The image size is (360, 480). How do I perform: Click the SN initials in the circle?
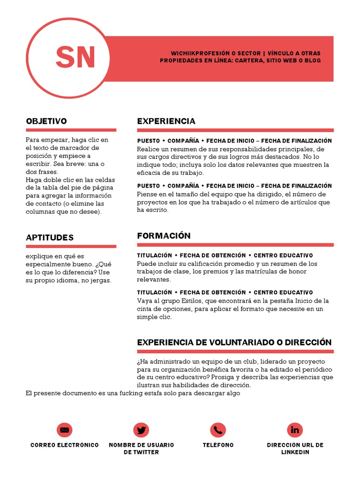click(x=75, y=57)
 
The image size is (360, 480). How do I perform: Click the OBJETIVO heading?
click(x=46, y=121)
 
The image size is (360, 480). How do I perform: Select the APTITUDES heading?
click(x=50, y=238)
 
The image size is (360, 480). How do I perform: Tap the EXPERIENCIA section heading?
click(x=166, y=121)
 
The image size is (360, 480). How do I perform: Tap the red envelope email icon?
click(x=65, y=430)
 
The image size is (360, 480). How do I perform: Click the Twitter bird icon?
click(x=141, y=430)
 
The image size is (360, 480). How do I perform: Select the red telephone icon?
click(x=218, y=430)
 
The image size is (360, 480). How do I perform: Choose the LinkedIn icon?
click(x=295, y=430)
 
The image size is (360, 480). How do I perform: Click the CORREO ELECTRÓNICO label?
click(x=65, y=445)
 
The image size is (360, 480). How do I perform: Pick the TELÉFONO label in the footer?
click(x=218, y=445)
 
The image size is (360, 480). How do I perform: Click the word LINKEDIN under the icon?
click(x=295, y=452)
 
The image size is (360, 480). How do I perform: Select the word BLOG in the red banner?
click(x=312, y=61)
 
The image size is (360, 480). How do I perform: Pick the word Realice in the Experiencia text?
click(x=148, y=149)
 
